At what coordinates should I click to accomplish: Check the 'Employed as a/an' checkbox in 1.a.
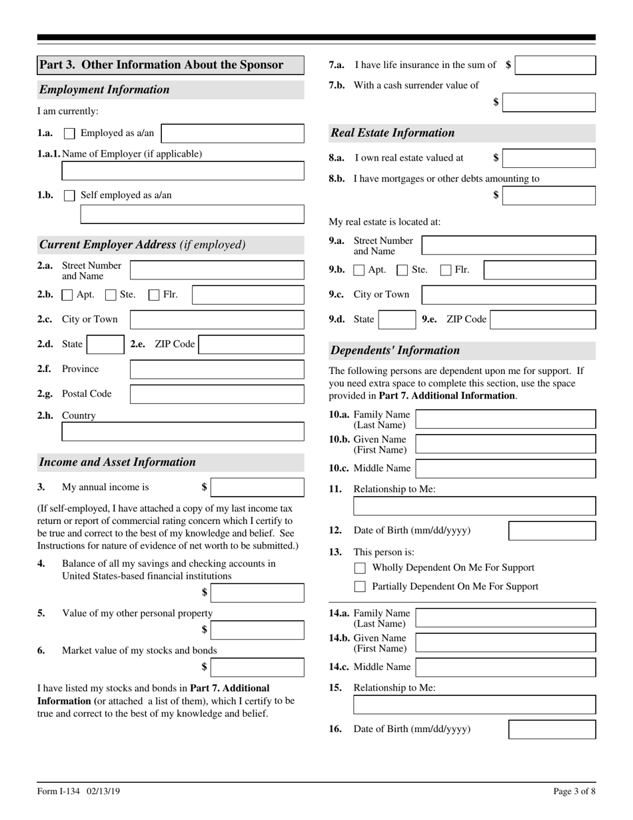click(69, 133)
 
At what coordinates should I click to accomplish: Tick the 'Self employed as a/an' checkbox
click(69, 196)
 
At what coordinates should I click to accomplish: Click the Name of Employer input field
click(183, 171)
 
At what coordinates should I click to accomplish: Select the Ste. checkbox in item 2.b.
click(111, 295)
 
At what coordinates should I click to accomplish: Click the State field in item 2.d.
click(105, 345)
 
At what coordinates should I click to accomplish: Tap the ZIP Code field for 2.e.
click(251, 345)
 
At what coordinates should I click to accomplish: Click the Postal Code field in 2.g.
click(217, 394)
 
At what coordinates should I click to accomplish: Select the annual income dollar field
click(257, 487)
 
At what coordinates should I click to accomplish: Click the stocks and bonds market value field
click(257, 667)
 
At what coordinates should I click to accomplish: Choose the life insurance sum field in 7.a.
click(556, 65)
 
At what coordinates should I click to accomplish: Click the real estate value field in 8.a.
click(549, 158)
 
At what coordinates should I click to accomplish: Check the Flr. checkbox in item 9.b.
click(446, 270)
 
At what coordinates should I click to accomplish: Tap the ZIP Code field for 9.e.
click(542, 319)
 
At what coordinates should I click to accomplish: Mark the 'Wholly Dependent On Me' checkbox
click(360, 568)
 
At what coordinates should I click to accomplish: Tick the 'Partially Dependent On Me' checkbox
click(360, 587)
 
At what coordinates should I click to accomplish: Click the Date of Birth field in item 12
click(552, 531)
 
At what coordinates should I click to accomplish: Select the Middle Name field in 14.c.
click(506, 667)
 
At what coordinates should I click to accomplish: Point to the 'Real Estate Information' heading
click(393, 133)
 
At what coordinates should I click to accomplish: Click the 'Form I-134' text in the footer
click(59, 791)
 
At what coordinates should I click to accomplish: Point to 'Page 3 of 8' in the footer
click(574, 791)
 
